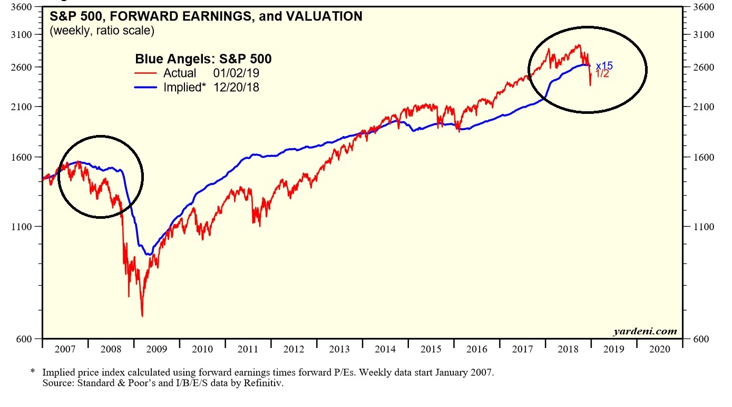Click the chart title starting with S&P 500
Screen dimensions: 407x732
(x=206, y=16)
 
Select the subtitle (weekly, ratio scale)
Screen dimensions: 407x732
(x=102, y=31)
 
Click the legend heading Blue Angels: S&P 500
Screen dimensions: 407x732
(x=203, y=59)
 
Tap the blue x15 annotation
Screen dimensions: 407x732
(x=604, y=66)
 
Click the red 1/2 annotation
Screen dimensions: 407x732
(x=602, y=74)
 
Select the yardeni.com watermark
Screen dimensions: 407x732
(x=645, y=332)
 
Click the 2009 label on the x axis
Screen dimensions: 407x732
(x=157, y=349)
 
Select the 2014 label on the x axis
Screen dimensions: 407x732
(x=385, y=349)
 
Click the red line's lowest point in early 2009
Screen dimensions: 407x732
(x=142, y=316)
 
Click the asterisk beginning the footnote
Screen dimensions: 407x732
(x=33, y=372)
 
